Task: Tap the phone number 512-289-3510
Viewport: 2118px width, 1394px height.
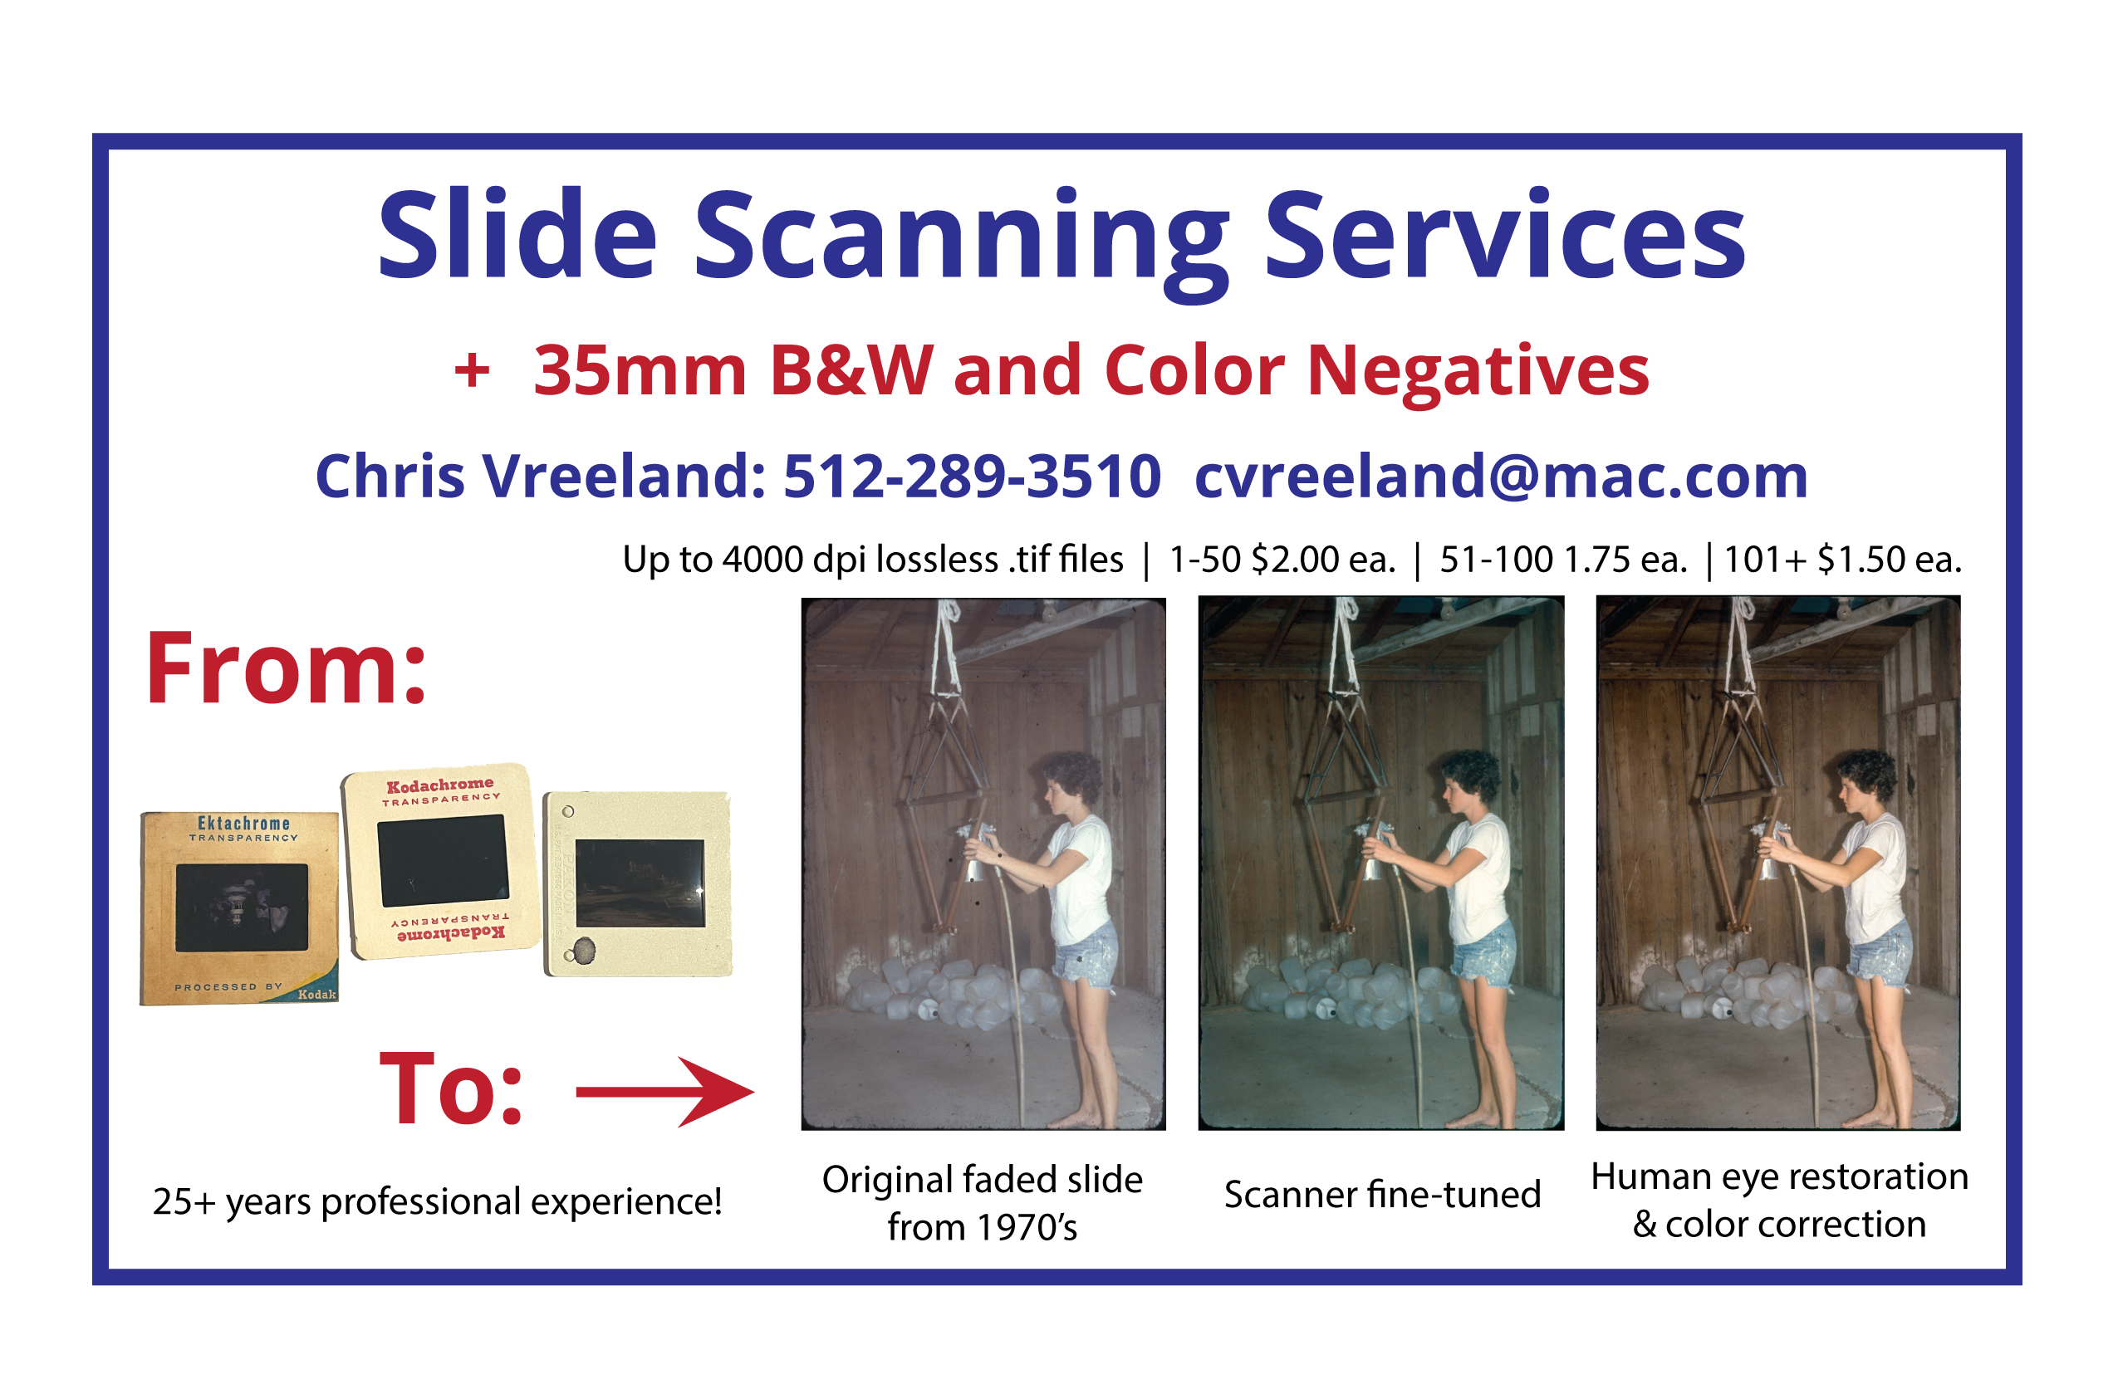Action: (x=972, y=477)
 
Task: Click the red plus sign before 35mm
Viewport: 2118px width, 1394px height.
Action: (x=472, y=371)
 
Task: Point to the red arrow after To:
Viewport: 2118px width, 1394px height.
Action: (x=664, y=1092)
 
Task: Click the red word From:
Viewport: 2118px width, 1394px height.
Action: (x=287, y=669)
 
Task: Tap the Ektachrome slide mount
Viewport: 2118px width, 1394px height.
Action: (x=239, y=907)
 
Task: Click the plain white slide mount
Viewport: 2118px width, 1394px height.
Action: (x=638, y=883)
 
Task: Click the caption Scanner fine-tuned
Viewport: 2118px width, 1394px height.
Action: (x=1382, y=1194)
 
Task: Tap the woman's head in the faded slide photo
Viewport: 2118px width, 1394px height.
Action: (x=1069, y=783)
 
